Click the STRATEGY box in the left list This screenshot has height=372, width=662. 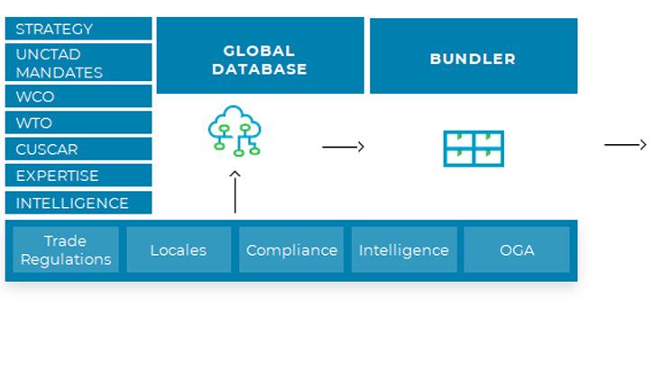[x=78, y=29]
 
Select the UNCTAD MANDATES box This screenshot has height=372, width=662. [x=78, y=63]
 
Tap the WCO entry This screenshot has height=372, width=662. [x=78, y=96]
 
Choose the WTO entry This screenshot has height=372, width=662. [x=78, y=122]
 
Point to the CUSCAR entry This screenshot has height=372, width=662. [x=78, y=149]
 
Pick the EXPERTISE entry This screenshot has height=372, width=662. [x=78, y=176]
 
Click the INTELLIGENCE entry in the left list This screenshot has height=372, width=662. [x=78, y=203]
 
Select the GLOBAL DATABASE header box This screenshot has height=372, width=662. [x=260, y=56]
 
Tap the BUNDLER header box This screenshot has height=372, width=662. [x=473, y=56]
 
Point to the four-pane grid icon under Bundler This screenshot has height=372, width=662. [x=473, y=149]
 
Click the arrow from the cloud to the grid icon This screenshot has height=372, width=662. [x=343, y=147]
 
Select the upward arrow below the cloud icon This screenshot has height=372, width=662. [x=234, y=190]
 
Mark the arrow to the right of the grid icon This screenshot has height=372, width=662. [x=625, y=145]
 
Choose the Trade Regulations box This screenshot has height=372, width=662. [x=66, y=250]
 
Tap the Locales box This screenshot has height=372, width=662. [x=179, y=250]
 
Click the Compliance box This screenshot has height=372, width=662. [x=291, y=250]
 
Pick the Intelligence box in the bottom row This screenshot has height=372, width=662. [x=403, y=250]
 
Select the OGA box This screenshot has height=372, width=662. [x=516, y=250]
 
